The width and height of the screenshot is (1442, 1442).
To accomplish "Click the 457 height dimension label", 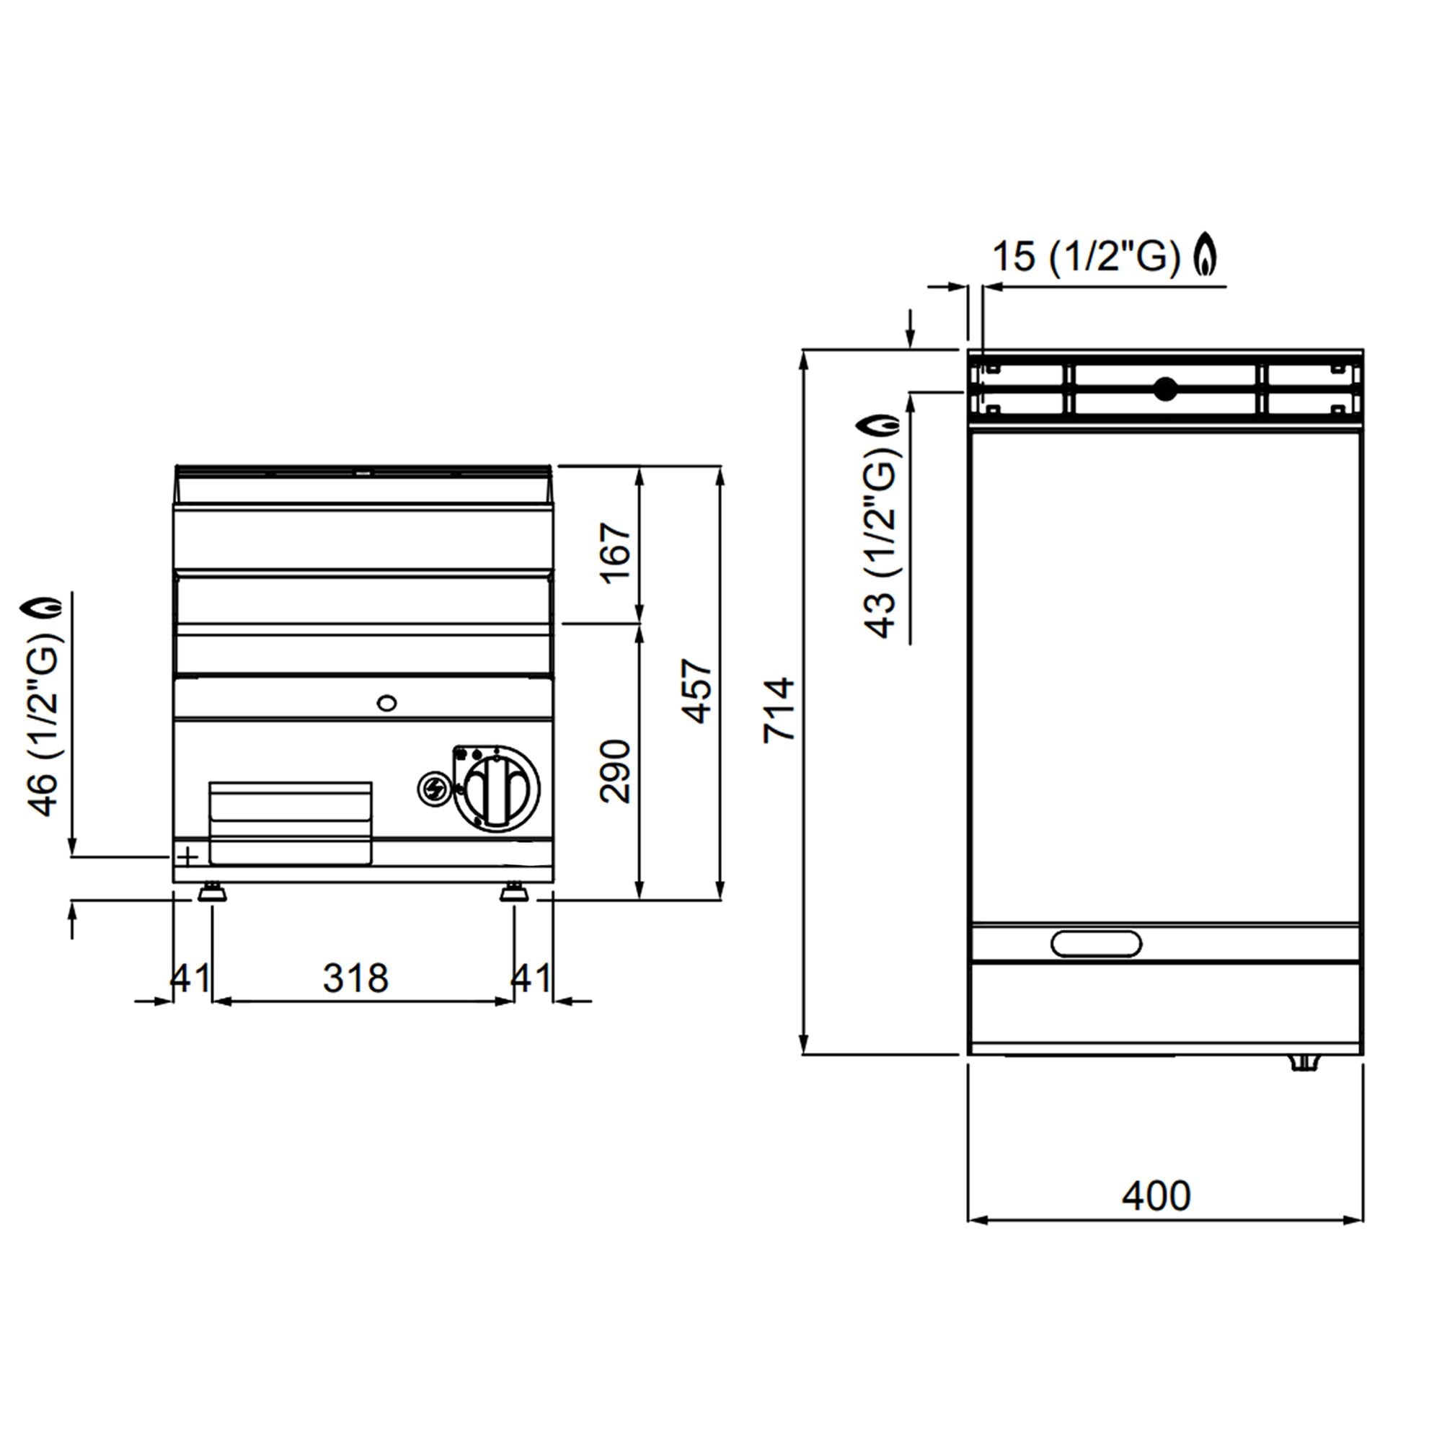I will tap(699, 691).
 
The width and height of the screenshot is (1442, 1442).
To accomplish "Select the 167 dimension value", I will tap(616, 553).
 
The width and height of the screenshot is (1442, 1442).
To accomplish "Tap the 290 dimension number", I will tap(616, 771).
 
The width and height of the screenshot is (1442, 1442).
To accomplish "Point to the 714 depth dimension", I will tap(779, 709).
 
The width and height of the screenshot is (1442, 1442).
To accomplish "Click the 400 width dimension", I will tap(1156, 1195).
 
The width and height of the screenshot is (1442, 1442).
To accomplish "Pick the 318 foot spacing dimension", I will tap(356, 978).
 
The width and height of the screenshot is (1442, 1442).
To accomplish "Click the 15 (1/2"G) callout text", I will tap(1086, 257).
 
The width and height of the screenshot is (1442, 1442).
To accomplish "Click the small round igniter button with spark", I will tap(433, 788).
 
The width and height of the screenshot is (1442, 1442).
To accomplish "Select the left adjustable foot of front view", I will tap(212, 892).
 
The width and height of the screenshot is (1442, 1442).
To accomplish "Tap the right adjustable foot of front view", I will tap(513, 892).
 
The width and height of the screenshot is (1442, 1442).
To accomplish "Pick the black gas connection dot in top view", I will tap(1164, 388).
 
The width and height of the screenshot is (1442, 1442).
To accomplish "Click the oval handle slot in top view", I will tap(1096, 943).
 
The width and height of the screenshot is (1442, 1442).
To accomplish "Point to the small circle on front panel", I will tap(386, 702).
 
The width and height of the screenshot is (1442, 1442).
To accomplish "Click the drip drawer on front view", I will tap(291, 823).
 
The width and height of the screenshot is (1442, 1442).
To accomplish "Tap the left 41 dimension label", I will tap(190, 978).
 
